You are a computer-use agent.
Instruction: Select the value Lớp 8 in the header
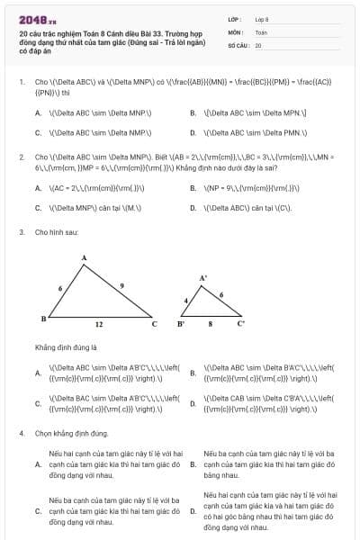[x=262, y=18]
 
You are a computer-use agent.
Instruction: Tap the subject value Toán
[x=261, y=31]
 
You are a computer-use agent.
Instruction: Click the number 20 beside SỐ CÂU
[x=258, y=45]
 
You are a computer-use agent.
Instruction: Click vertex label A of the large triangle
[x=84, y=258]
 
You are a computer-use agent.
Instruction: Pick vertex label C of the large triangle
[x=154, y=324]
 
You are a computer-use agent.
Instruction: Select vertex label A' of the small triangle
[x=202, y=278]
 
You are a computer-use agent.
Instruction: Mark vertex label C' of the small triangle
[x=240, y=322]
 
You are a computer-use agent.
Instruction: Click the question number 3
[x=21, y=232]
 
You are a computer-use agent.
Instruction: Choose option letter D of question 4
[x=193, y=511]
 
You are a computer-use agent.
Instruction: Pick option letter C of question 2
[x=38, y=207]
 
